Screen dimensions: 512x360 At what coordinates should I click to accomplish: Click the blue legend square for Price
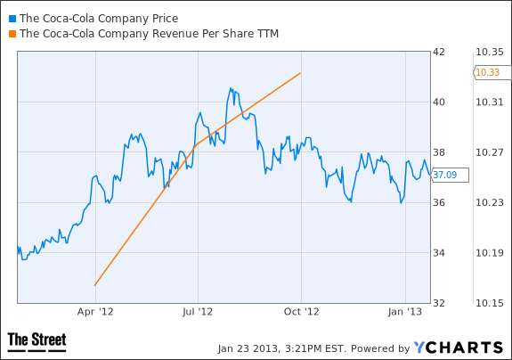[12, 19]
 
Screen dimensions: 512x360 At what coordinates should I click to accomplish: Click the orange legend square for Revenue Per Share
[12, 34]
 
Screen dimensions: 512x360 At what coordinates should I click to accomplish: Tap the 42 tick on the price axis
[438, 52]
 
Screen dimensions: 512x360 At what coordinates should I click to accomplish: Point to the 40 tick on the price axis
[438, 102]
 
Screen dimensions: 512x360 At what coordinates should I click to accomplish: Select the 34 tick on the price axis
[438, 253]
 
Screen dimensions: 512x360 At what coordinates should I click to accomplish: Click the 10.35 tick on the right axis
[490, 52]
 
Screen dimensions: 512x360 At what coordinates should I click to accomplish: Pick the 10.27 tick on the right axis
[490, 152]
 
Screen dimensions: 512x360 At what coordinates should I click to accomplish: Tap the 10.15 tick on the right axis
[490, 303]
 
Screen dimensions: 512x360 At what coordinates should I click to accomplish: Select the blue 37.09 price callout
[450, 176]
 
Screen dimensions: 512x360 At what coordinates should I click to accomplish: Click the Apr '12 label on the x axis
[95, 312]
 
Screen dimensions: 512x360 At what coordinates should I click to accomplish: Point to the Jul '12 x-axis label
[198, 312]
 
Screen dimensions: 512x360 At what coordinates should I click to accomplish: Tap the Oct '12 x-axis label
[301, 312]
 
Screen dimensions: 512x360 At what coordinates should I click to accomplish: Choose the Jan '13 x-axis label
[405, 312]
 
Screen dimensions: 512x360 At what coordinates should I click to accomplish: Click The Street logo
[37, 341]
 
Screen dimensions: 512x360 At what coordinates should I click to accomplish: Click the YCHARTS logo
[458, 348]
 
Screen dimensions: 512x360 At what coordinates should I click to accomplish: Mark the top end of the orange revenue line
[300, 73]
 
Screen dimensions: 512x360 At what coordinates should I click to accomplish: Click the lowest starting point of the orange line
[94, 285]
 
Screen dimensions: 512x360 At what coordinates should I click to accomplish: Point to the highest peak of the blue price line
[231, 87]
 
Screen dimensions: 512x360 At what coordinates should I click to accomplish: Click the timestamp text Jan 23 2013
[248, 348]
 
